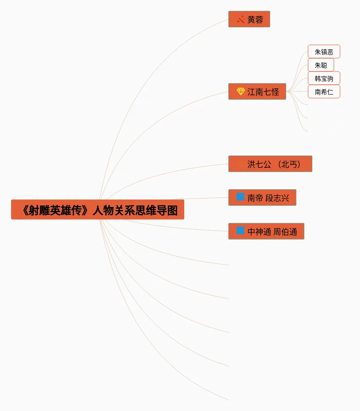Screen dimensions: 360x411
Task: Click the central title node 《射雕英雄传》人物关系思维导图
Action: pos(98,209)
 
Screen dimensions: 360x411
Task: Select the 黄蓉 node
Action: pos(249,20)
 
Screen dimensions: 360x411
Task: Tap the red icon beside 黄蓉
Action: pos(241,20)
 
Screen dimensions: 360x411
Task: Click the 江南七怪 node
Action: pos(257,92)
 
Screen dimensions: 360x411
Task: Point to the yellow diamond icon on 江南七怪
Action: pos(241,91)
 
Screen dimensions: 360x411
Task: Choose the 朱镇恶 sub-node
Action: pos(324,52)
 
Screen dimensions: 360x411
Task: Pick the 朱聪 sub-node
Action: pos(320,65)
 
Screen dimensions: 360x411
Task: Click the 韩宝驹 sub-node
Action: pos(324,79)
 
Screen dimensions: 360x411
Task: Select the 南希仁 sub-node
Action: pos(324,92)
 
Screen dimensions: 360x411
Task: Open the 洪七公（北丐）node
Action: pos(270,164)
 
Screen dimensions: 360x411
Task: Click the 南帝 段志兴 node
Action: pos(262,198)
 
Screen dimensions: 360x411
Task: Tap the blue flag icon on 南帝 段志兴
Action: pos(241,197)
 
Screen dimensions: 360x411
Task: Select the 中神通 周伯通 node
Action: pos(266,232)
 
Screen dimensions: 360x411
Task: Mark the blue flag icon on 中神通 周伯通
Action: pos(241,230)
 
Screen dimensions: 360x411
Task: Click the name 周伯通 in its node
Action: pos(285,232)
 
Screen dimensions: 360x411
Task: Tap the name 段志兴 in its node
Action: pos(277,198)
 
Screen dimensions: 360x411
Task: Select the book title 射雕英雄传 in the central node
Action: pos(55,210)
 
